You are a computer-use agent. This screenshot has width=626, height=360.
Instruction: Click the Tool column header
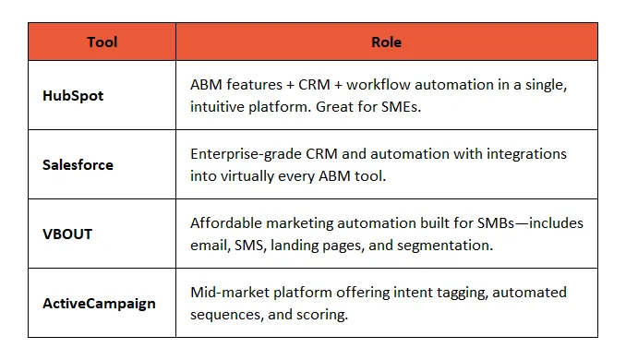coord(102,42)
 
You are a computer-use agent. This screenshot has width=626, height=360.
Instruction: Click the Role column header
coord(386,42)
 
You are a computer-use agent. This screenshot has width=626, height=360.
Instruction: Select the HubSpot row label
coord(74,95)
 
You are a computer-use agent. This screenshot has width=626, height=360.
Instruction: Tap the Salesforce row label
coord(78,164)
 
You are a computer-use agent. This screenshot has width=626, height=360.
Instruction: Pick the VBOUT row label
coord(67,234)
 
